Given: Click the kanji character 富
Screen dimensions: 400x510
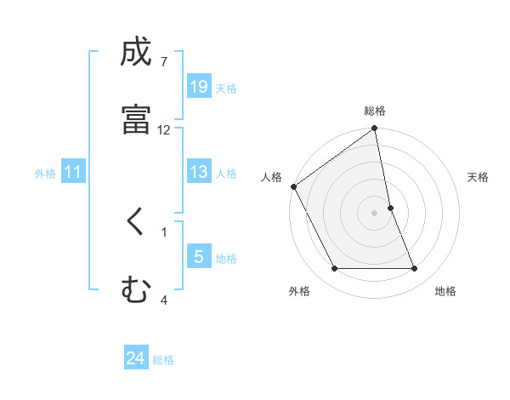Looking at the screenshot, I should [x=136, y=119].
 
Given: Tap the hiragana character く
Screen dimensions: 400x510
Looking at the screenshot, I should [x=136, y=223].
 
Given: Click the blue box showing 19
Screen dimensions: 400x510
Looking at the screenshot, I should [x=198, y=87].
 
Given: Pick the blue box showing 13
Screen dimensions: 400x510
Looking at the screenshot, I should [x=198, y=172].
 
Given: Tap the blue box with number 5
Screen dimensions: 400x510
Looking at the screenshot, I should [x=198, y=257].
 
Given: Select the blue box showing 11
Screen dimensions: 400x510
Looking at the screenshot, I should [x=73, y=173].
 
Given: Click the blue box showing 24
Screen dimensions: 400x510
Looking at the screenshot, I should [x=136, y=359].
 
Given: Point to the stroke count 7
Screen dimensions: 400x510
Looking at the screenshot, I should [x=163, y=62].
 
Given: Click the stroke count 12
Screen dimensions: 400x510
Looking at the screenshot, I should [x=163, y=130].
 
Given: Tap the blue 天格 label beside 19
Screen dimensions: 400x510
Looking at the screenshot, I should [x=226, y=88].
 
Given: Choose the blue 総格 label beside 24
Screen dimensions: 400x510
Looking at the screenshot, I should [x=163, y=360].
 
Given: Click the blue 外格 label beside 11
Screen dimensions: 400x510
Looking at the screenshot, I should [x=45, y=174].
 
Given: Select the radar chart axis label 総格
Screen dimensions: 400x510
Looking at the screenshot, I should [x=375, y=111].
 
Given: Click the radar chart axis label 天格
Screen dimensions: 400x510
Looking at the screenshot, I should [x=479, y=177].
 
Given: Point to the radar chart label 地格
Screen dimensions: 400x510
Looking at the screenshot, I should [x=445, y=292].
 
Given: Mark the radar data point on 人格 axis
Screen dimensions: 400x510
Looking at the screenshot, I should [x=293, y=186].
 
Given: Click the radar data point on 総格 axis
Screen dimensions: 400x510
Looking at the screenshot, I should [x=375, y=129].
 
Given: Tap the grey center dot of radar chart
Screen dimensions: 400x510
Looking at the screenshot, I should [x=375, y=213].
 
